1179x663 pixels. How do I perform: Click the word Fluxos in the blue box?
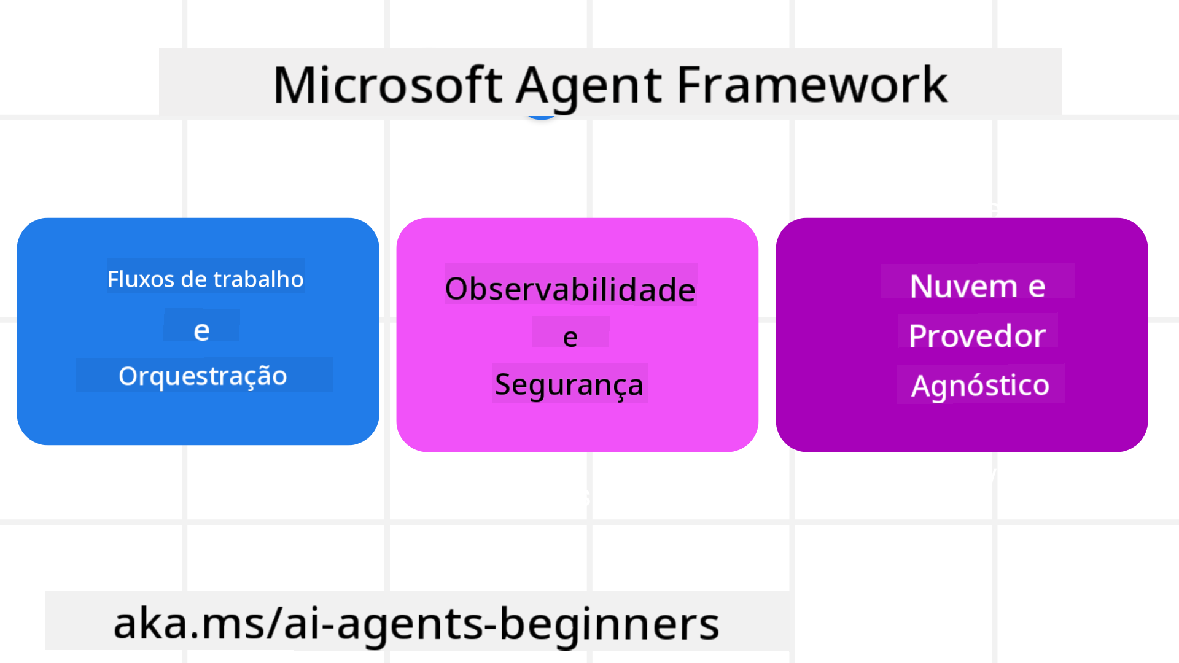click(141, 279)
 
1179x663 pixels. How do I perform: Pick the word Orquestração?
click(203, 376)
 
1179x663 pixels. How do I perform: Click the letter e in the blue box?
click(201, 330)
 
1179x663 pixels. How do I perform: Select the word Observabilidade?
click(570, 289)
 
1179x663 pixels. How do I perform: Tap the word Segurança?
click(569, 385)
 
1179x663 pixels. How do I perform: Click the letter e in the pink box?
click(570, 337)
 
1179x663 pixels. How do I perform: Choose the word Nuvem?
click(963, 286)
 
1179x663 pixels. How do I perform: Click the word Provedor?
click(977, 336)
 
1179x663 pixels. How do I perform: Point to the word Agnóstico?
click(980, 386)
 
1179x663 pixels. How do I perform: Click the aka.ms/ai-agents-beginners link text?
click(416, 623)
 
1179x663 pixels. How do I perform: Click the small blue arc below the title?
click(541, 116)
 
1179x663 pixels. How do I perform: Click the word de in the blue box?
click(193, 279)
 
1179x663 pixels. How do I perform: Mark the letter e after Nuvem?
click(1037, 286)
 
